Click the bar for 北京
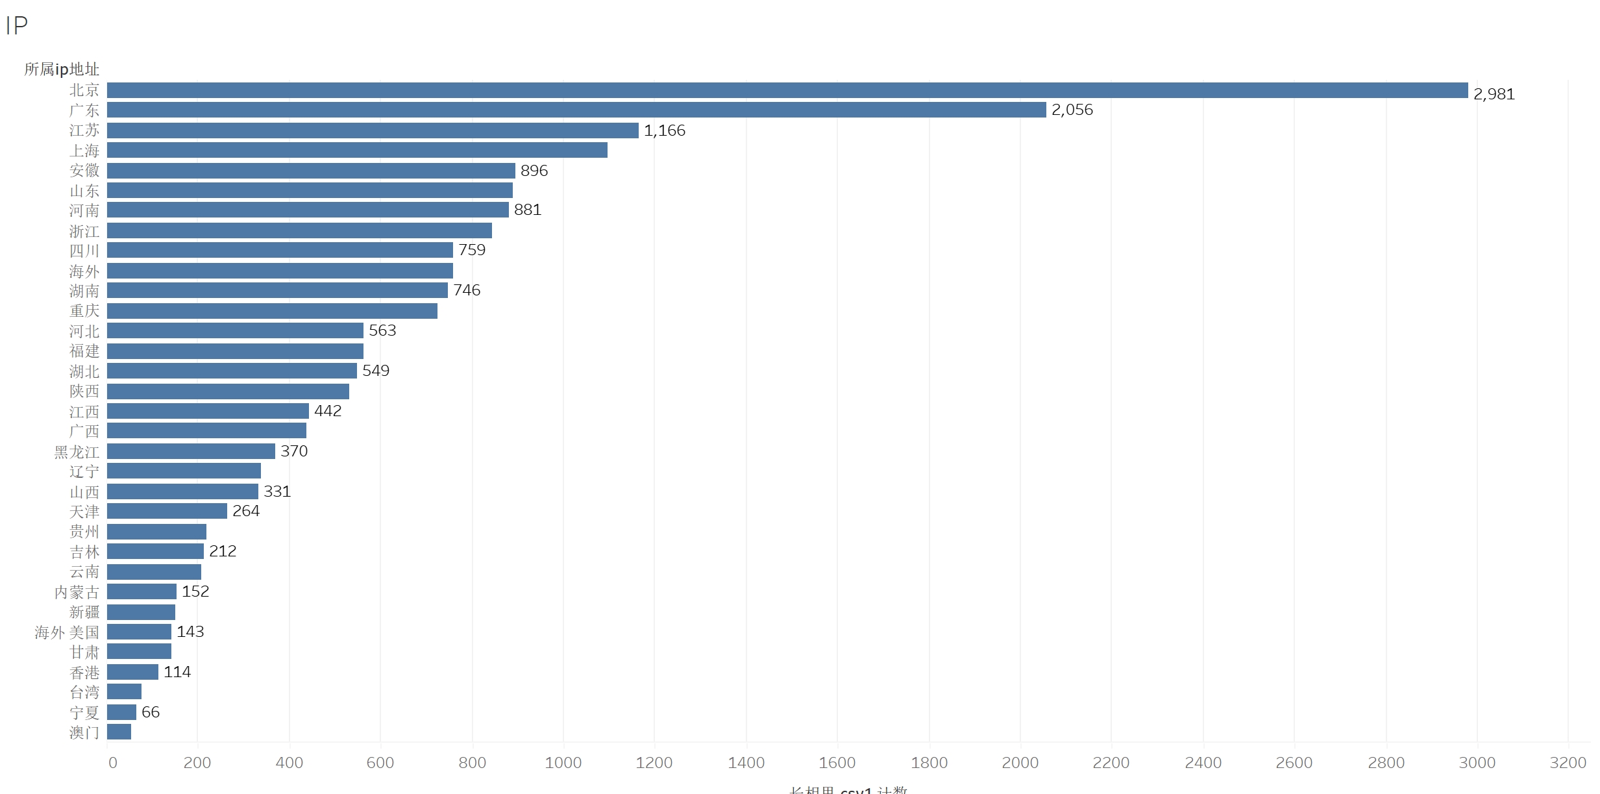coord(787,90)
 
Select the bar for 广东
coord(576,110)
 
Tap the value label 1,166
coord(664,130)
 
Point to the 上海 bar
coord(357,150)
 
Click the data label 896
coord(534,171)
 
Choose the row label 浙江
coord(84,231)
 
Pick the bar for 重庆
coord(272,311)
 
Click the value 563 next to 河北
coord(382,330)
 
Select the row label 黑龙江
coord(77,452)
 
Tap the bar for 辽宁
coord(184,471)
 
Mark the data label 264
coord(245,511)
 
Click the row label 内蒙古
coord(77,592)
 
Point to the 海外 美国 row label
coord(67,632)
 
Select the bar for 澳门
coord(119,732)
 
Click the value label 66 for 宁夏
coord(150,712)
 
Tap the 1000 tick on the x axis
coord(563,763)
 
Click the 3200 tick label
coord(1568,763)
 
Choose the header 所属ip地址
coord(62,69)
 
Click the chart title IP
coord(16,26)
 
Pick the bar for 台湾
coord(124,691)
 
